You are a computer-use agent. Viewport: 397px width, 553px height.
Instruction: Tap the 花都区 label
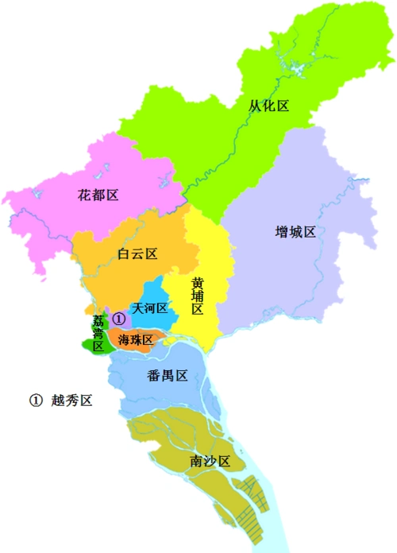[98, 195]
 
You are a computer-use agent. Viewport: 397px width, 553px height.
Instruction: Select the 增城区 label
[295, 231]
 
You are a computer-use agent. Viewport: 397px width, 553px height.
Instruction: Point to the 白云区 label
[137, 254]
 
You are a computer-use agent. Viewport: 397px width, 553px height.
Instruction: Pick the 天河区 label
[150, 308]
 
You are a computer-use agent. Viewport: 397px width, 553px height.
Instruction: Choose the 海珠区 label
[135, 339]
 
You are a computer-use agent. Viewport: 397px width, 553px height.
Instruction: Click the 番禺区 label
[168, 376]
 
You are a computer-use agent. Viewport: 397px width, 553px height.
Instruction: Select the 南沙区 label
[210, 462]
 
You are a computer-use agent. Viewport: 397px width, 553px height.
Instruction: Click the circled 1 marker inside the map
[119, 318]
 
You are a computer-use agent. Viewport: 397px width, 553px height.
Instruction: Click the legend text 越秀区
[71, 401]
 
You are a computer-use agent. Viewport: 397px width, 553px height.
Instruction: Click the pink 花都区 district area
[64, 215]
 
